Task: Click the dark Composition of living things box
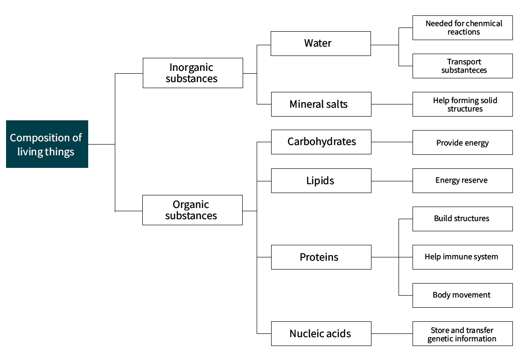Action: [47, 144]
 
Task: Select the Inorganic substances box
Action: [193, 73]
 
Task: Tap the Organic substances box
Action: [193, 210]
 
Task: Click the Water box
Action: [321, 43]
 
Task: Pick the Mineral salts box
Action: [321, 104]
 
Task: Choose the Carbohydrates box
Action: [321, 142]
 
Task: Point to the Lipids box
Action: [321, 180]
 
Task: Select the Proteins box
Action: [321, 257]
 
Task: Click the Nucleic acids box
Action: [321, 333]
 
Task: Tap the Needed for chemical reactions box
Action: [462, 28]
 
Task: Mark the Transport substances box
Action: [462, 66]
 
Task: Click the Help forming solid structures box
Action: [462, 104]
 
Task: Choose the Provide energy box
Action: [462, 143]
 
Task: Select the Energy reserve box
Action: [462, 180]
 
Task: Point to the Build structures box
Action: [462, 219]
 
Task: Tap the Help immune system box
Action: [462, 257]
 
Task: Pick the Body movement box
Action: [462, 296]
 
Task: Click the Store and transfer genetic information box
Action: [462, 333]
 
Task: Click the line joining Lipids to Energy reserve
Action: [392, 181]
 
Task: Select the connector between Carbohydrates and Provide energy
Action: [392, 142]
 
